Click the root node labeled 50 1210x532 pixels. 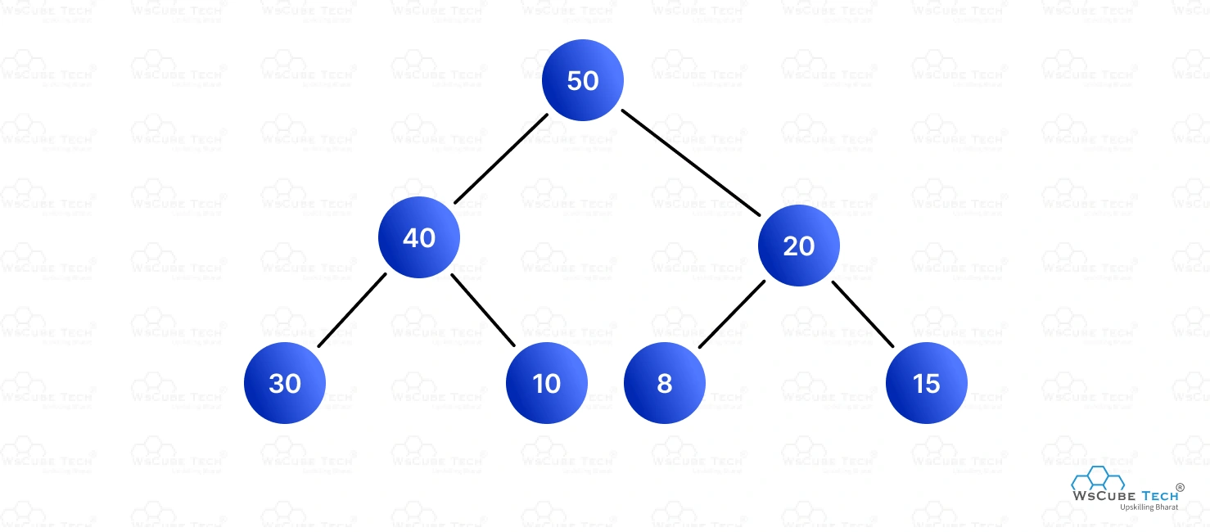(582, 80)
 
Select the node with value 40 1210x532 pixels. (418, 237)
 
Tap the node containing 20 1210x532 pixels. (798, 246)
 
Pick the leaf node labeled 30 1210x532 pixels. (285, 383)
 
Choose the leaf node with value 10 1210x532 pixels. (547, 383)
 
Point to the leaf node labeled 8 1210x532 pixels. (665, 383)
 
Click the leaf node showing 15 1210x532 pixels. (927, 383)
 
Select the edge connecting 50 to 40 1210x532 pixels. (501, 159)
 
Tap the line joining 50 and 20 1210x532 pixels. (691, 163)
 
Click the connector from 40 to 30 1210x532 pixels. (352, 310)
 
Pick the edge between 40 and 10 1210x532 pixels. (483, 310)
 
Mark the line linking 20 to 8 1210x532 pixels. (732, 314)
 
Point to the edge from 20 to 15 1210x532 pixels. (863, 314)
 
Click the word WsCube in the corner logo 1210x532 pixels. (1104, 496)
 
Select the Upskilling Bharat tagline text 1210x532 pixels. (1149, 507)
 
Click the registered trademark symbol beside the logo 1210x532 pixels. (1181, 488)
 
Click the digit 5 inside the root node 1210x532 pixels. (574, 80)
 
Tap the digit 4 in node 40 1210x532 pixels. (410, 237)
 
